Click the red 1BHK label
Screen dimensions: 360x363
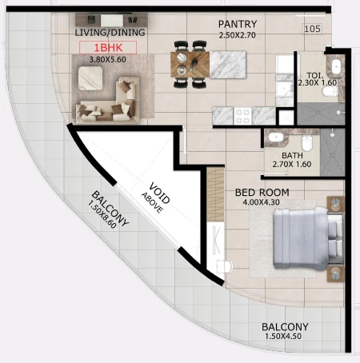click(x=108, y=48)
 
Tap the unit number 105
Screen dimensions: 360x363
click(x=312, y=29)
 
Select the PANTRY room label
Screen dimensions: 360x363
click(x=238, y=24)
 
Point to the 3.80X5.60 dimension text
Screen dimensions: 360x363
click(x=108, y=59)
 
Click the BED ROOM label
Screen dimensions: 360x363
click(x=262, y=193)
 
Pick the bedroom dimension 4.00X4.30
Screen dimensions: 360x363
click(x=261, y=202)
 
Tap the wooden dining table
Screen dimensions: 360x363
click(x=190, y=64)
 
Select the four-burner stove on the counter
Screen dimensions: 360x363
click(x=242, y=116)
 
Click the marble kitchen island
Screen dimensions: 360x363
click(x=228, y=65)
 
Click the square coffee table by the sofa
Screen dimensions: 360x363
click(x=90, y=78)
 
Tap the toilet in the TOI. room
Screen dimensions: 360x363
click(x=330, y=91)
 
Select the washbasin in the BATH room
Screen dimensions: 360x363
click(x=276, y=138)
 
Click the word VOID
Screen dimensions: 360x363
click(x=159, y=193)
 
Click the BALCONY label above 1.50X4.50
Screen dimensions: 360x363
click(x=285, y=327)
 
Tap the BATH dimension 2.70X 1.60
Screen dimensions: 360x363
click(x=292, y=165)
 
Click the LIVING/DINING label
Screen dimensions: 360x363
click(x=110, y=33)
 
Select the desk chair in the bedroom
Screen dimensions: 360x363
click(x=224, y=266)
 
